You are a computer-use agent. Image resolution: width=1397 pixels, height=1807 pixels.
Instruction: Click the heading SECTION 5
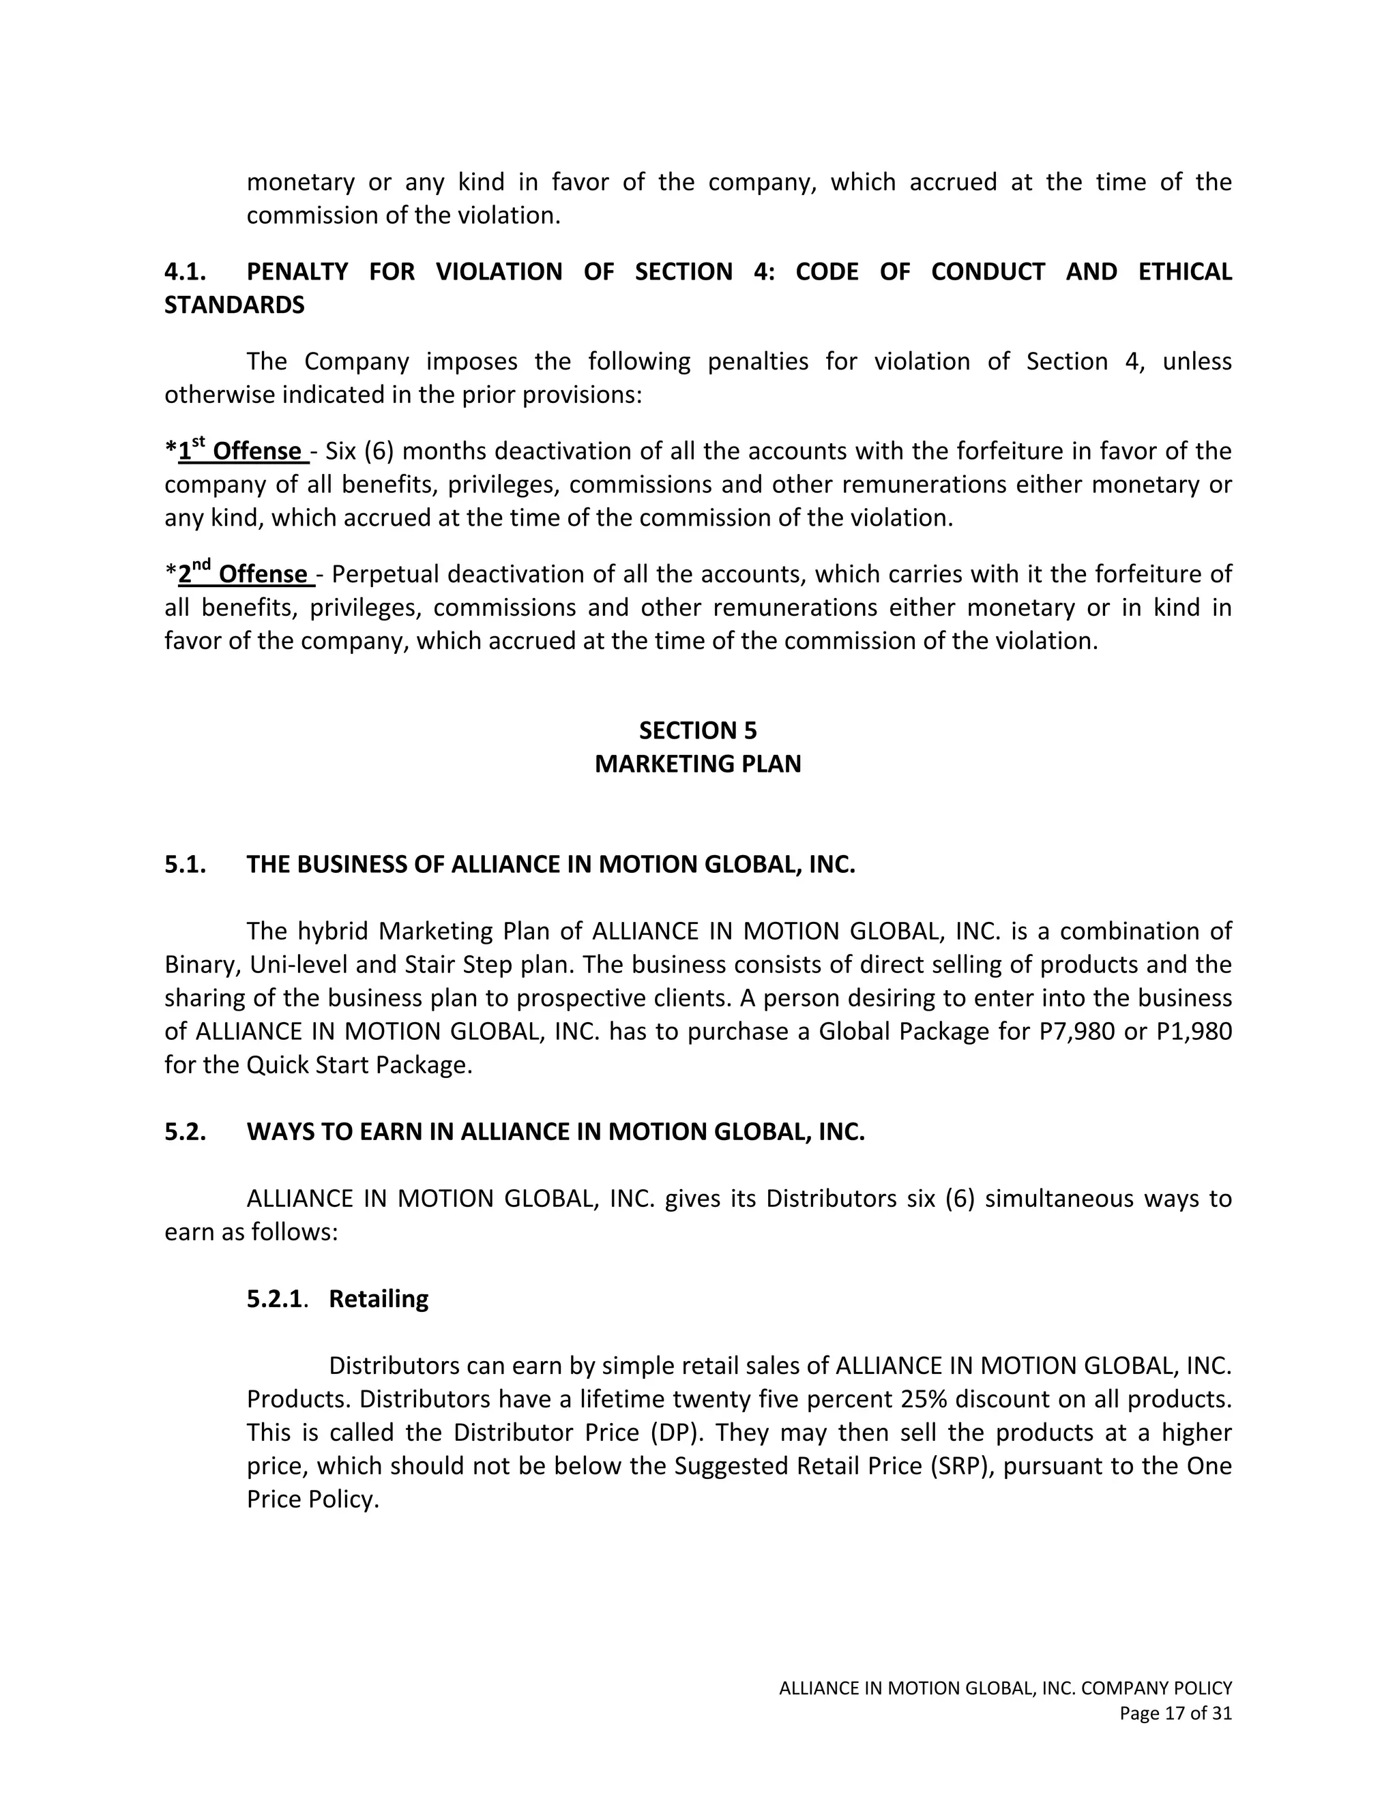pyautogui.click(x=698, y=730)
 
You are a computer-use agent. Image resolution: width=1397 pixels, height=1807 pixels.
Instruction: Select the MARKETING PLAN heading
pyautogui.click(x=698, y=764)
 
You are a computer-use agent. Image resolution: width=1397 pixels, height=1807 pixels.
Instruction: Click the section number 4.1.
pyautogui.click(x=186, y=271)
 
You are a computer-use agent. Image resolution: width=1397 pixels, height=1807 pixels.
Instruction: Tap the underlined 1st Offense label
pyautogui.click(x=244, y=451)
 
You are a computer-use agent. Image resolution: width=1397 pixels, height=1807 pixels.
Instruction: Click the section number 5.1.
pyautogui.click(x=186, y=865)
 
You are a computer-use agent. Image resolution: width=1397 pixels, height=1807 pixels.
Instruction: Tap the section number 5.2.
pyautogui.click(x=186, y=1132)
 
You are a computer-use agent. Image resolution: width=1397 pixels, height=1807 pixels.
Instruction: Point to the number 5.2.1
pyautogui.click(x=275, y=1299)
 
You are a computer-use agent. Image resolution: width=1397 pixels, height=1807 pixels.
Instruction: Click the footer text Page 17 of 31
pyautogui.click(x=1175, y=1714)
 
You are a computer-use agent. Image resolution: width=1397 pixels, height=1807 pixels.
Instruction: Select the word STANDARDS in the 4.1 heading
pyautogui.click(x=234, y=305)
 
